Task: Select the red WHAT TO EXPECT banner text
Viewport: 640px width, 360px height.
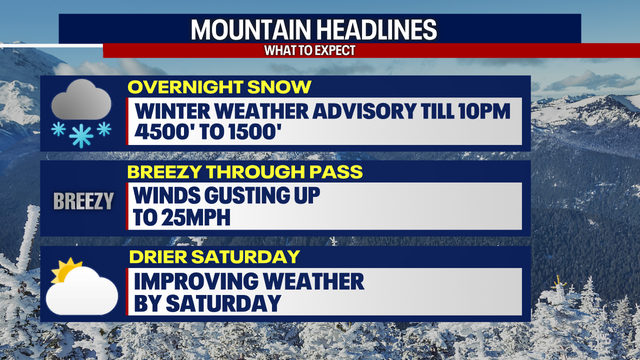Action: point(319,49)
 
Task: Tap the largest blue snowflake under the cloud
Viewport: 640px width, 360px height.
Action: point(80,136)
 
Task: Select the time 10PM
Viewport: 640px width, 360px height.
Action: point(485,110)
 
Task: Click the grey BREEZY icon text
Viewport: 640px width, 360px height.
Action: point(83,201)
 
